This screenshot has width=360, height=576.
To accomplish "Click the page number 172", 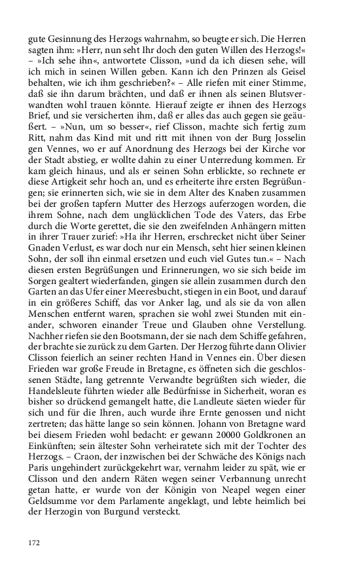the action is tap(34, 543).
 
